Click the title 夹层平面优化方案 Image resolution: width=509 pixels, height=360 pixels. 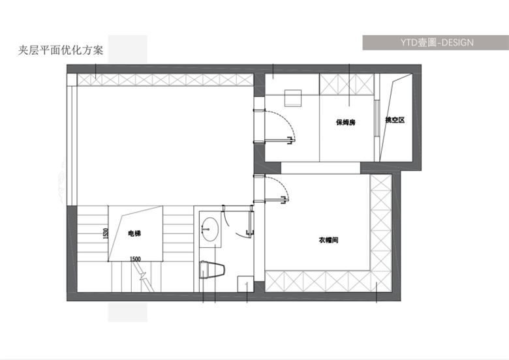tap(61, 50)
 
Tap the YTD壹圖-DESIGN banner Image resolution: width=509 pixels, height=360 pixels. tap(436, 42)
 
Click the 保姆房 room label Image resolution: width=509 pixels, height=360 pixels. tap(346, 122)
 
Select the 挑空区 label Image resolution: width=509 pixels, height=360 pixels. tap(395, 120)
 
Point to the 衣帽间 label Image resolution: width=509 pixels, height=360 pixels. tap(328, 240)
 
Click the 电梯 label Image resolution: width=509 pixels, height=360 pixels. tap(134, 233)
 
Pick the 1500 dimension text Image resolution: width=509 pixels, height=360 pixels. tap(135, 259)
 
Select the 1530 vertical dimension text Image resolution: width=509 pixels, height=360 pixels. tap(106, 233)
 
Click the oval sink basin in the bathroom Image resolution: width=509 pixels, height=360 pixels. tap(210, 230)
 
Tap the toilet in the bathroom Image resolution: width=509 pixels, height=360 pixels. tap(213, 269)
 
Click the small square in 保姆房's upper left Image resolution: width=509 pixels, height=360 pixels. tap(293, 98)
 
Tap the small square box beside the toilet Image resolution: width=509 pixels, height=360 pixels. tap(245, 284)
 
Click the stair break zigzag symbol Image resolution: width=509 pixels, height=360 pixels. tap(143, 277)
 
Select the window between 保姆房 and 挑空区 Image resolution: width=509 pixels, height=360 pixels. tap(377, 118)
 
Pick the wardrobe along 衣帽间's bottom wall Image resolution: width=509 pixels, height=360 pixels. tap(328, 281)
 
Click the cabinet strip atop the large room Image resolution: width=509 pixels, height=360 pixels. tap(165, 80)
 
